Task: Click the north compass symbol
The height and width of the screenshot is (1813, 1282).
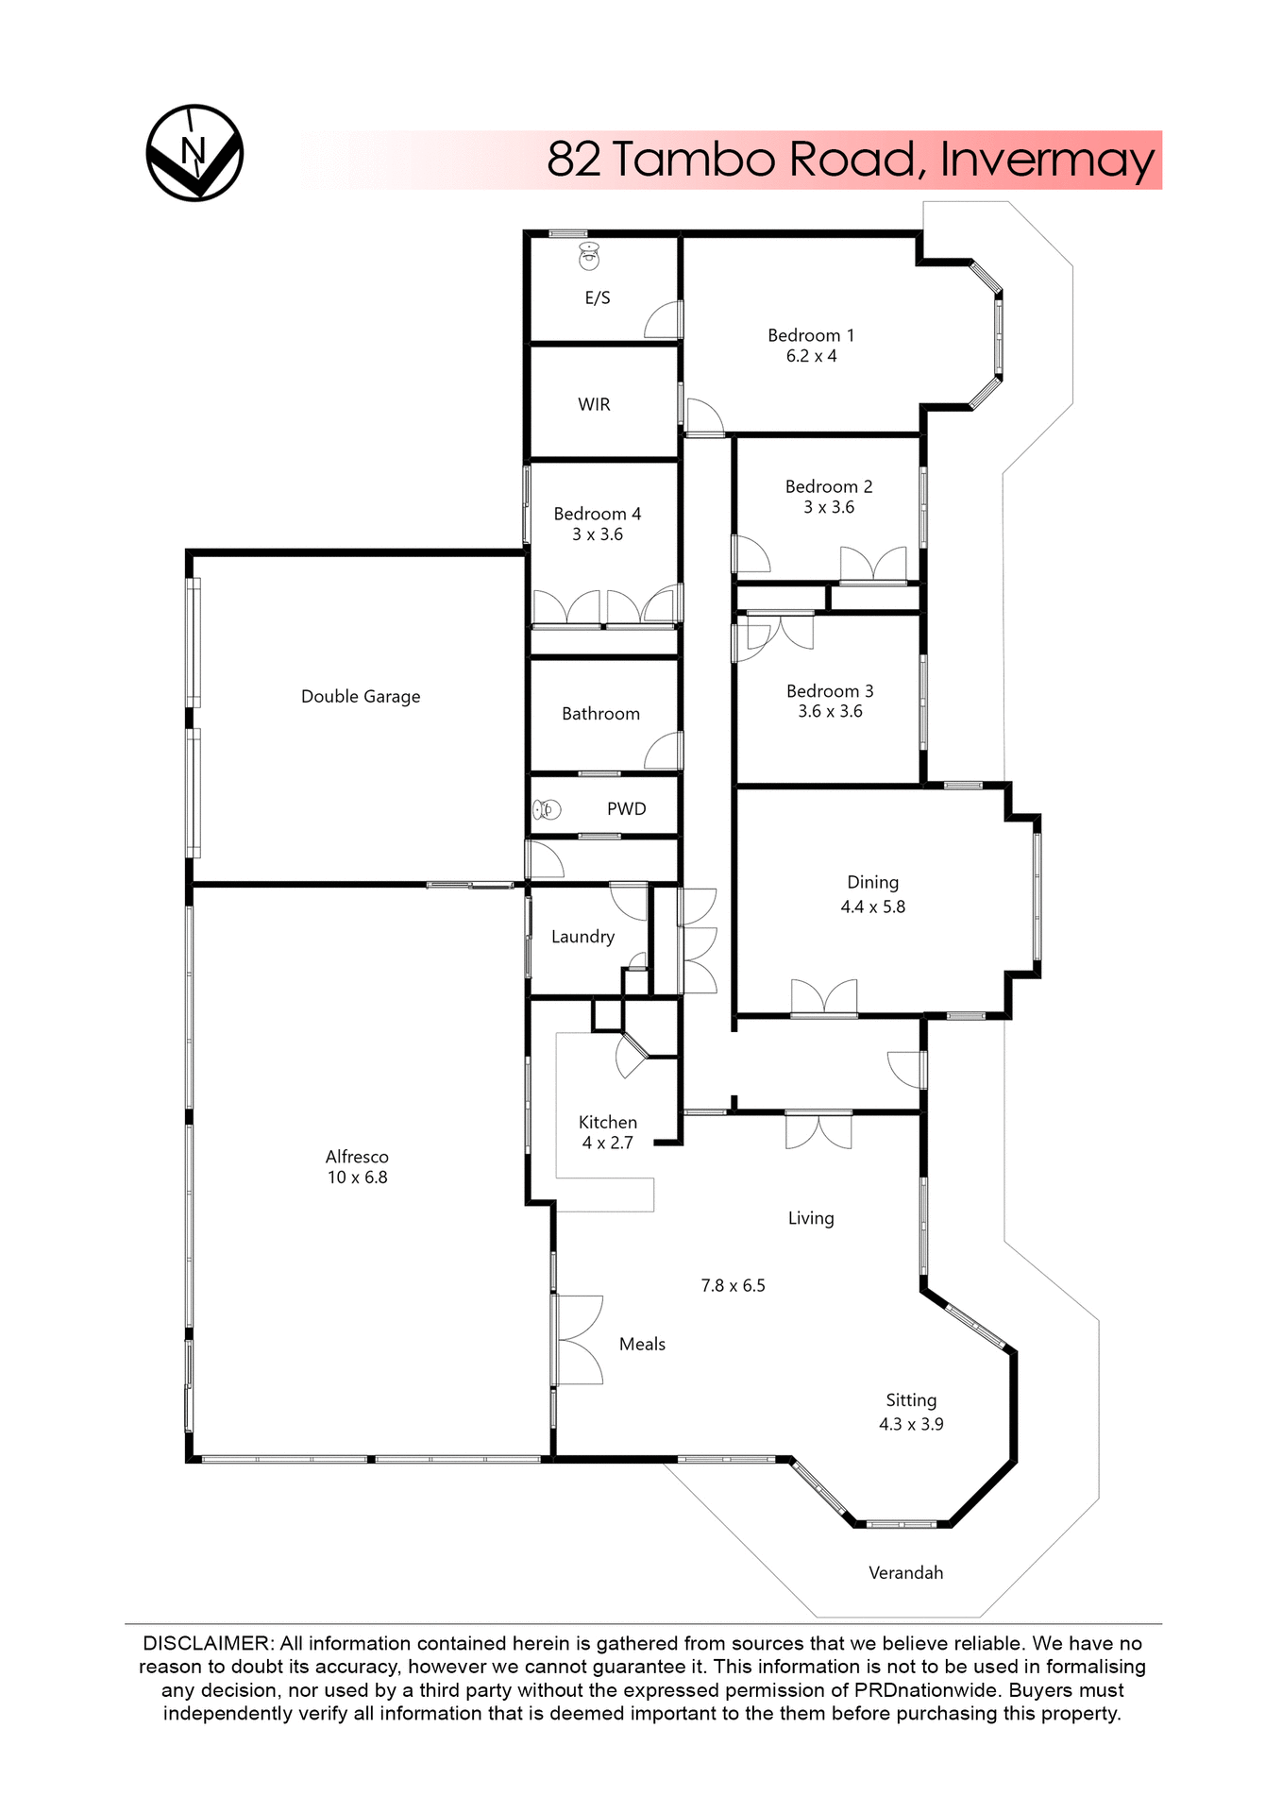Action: (194, 153)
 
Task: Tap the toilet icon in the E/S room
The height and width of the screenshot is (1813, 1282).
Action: (589, 255)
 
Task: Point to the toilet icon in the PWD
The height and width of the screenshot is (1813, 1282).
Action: (547, 809)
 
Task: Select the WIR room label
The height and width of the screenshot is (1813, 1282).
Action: (594, 404)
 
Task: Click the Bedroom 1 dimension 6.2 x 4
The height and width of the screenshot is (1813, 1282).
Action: (811, 356)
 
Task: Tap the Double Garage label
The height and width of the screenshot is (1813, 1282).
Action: (361, 696)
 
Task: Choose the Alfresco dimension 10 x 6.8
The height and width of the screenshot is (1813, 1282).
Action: (357, 1178)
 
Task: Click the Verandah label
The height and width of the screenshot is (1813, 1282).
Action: (905, 1572)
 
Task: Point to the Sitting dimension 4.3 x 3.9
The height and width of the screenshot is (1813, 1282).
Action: (911, 1424)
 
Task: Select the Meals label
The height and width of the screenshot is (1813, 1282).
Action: (642, 1344)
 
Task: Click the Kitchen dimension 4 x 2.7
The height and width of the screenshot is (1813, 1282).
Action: (607, 1143)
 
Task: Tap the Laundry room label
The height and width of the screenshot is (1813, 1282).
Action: (582, 937)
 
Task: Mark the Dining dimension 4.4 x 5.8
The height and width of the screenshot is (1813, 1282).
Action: (872, 906)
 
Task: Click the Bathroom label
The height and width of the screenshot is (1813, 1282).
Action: (600, 714)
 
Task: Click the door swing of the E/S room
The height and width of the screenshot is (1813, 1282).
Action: (663, 321)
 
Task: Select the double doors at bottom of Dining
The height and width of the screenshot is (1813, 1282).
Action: (824, 998)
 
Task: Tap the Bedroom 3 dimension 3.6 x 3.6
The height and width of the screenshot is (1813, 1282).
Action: (830, 711)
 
